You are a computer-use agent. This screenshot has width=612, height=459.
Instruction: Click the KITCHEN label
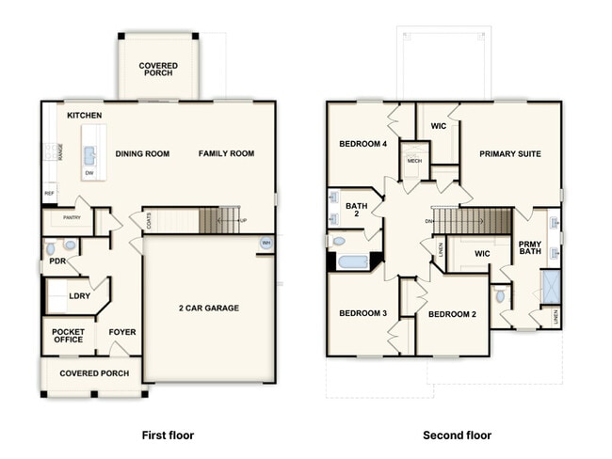[85, 115]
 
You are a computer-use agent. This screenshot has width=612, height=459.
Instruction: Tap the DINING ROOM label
[142, 153]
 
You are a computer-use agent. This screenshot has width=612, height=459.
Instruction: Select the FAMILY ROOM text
[226, 153]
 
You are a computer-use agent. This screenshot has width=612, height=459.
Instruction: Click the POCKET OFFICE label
[68, 336]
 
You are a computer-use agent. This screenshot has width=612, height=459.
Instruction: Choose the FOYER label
[121, 332]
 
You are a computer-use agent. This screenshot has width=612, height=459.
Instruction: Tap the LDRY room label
[80, 295]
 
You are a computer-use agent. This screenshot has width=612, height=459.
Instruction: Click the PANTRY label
[72, 218]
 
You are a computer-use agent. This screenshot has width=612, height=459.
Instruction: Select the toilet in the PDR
[51, 249]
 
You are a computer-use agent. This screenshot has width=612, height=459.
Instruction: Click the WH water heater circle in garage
[266, 244]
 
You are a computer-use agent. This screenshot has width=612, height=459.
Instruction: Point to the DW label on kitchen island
[89, 173]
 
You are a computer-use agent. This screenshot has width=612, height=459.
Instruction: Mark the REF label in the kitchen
[49, 194]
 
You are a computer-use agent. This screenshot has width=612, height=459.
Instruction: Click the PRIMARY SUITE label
[509, 153]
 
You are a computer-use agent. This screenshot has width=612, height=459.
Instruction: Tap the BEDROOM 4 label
[363, 143]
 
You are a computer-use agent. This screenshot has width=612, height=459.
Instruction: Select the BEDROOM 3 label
[363, 313]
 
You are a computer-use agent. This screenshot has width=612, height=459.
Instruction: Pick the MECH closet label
[414, 161]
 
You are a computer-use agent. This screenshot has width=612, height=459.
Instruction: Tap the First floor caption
[168, 435]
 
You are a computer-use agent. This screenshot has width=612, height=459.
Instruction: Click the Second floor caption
[457, 435]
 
